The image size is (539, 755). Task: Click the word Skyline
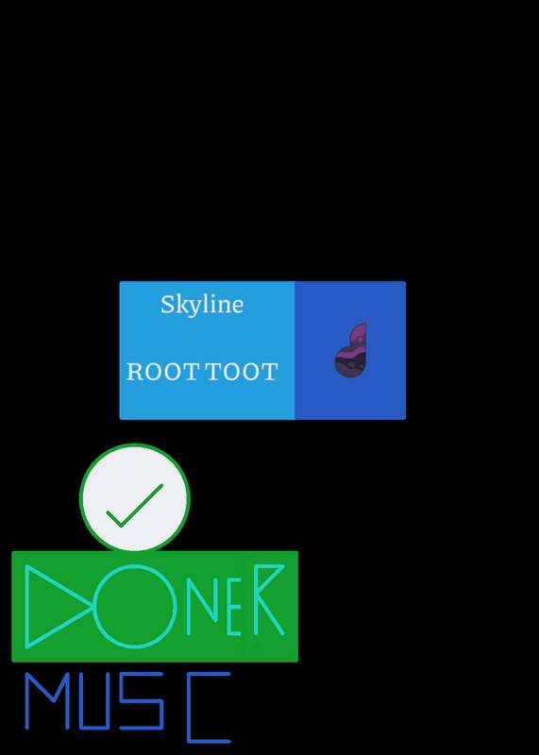202,305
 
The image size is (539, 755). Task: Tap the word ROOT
162,372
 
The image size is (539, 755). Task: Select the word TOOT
242,372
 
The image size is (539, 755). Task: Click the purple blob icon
350,350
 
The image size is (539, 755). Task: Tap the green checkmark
135,506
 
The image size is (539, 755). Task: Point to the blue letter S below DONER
142,701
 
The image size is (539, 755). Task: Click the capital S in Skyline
168,304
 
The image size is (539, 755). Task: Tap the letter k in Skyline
182,304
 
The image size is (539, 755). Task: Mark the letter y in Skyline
196,309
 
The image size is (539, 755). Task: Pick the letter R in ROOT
135,372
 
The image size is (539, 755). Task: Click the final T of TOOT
270,372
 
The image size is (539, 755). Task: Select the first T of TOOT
214,372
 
